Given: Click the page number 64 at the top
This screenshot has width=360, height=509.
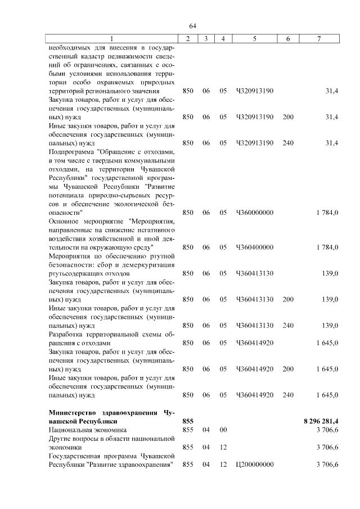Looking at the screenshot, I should pyautogui.click(x=192, y=26).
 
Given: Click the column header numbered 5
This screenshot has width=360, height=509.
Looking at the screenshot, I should pyautogui.click(x=255, y=38).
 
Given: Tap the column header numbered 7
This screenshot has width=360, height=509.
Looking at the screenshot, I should pyautogui.click(x=319, y=38).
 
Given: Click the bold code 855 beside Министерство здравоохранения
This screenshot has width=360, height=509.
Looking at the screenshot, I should pyautogui.click(x=188, y=421).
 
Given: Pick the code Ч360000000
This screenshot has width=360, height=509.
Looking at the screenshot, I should pyautogui.click(x=255, y=213).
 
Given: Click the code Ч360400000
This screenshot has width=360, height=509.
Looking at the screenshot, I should pyautogui.click(x=255, y=247).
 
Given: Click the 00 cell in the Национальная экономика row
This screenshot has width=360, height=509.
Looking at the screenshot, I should pyautogui.click(x=223, y=430).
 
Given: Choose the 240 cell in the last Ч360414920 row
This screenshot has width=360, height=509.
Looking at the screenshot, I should pyautogui.click(x=288, y=395).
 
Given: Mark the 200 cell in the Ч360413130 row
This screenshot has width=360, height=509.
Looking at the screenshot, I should pyautogui.click(x=288, y=299).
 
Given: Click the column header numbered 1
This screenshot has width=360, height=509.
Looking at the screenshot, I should pyautogui.click(x=112, y=38).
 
